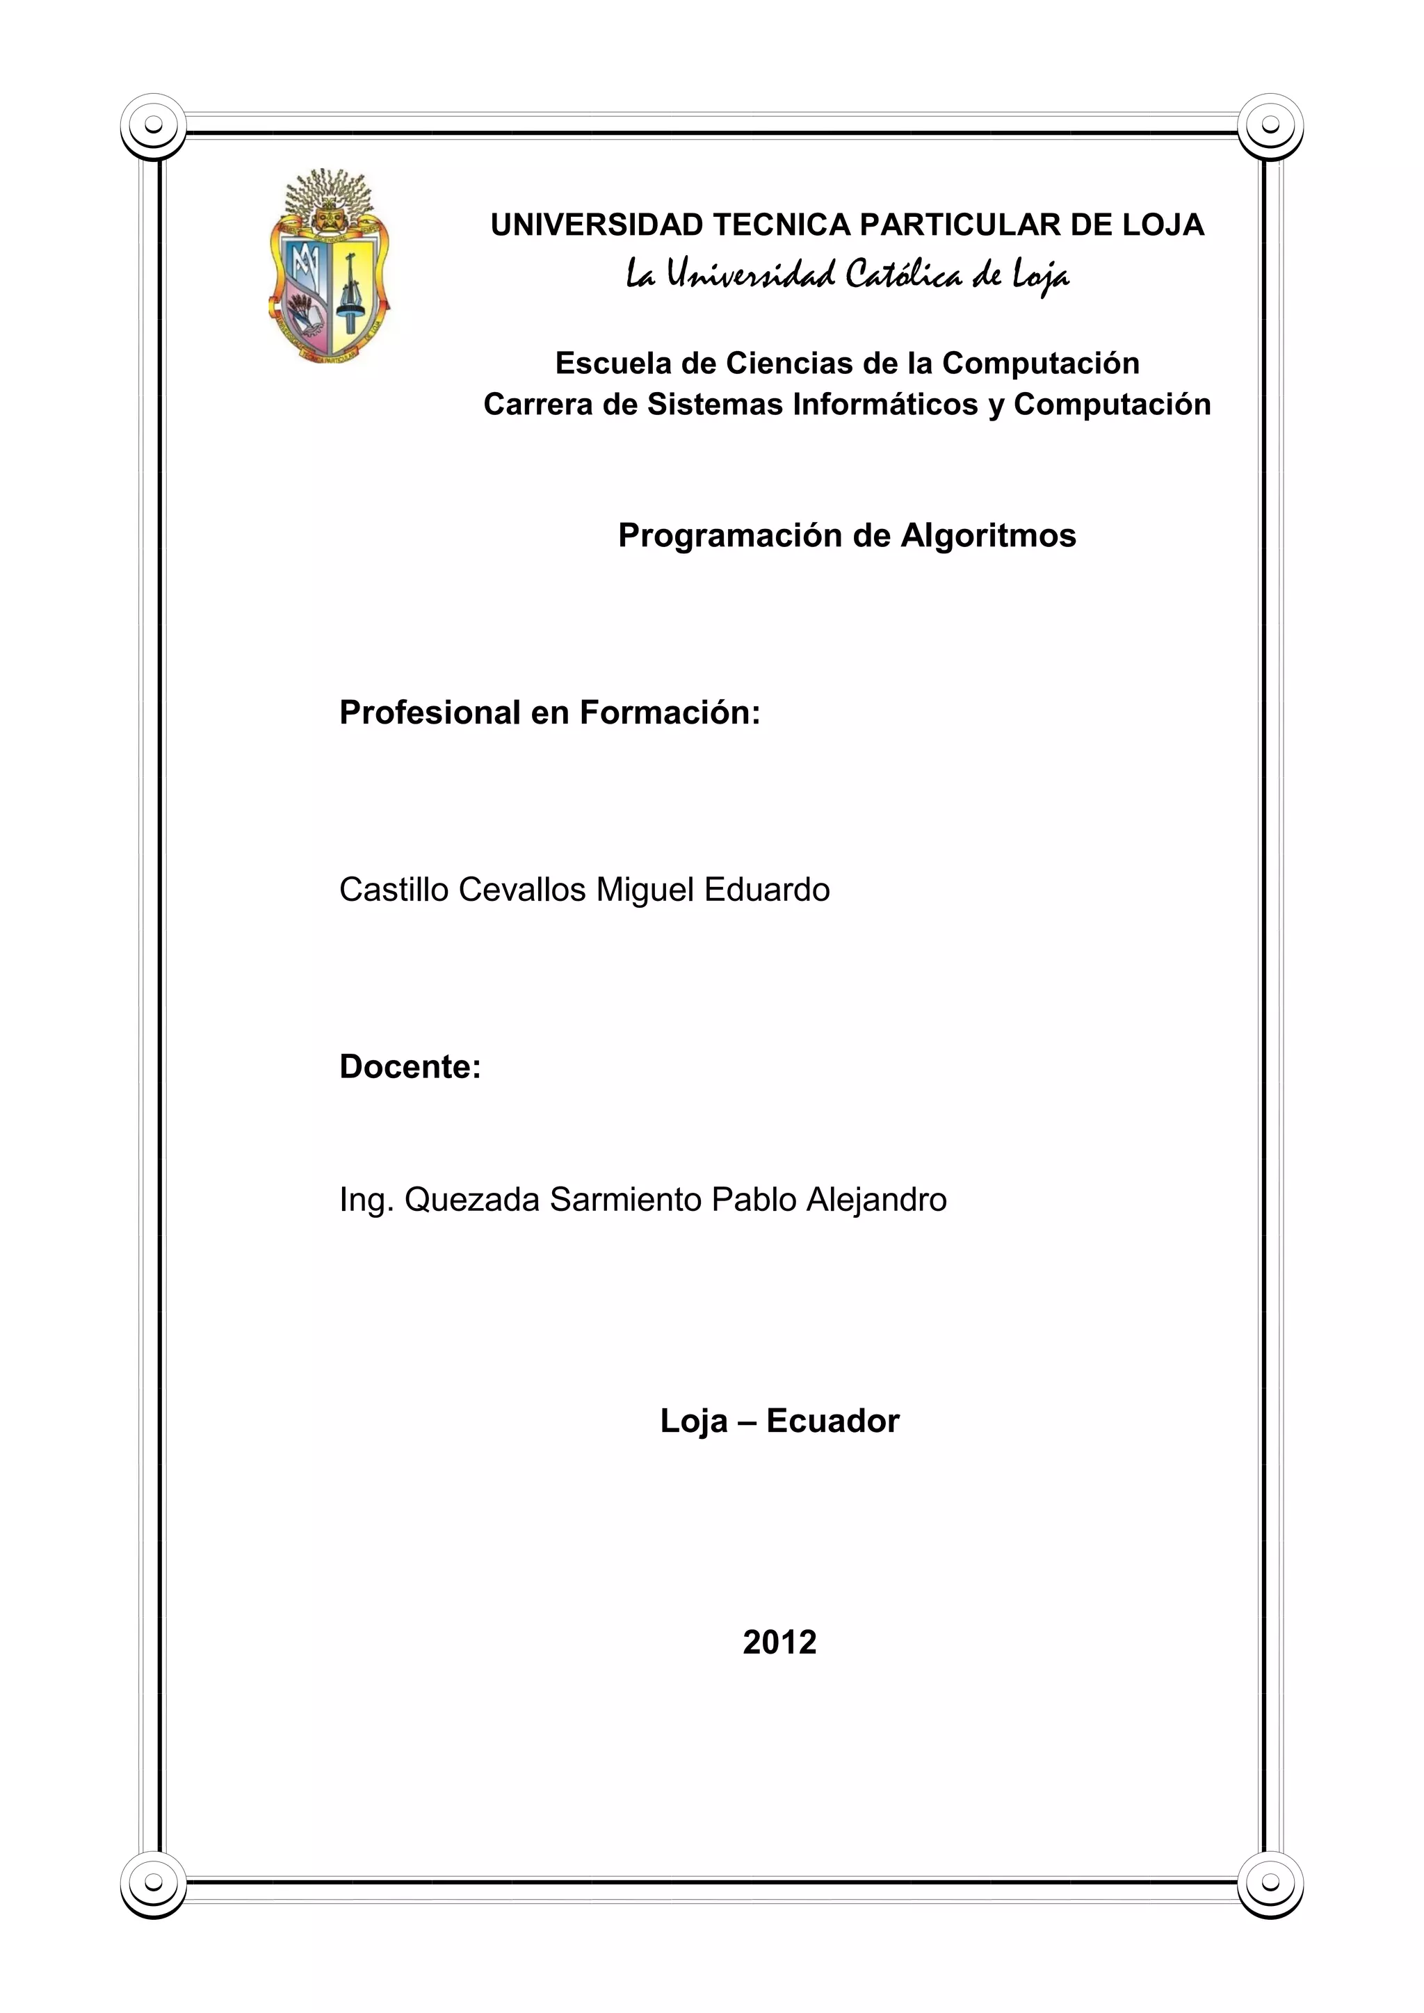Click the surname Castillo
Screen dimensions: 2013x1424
[394, 890]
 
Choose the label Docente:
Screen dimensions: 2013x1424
[410, 1067]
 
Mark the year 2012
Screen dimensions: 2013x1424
[779, 1642]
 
